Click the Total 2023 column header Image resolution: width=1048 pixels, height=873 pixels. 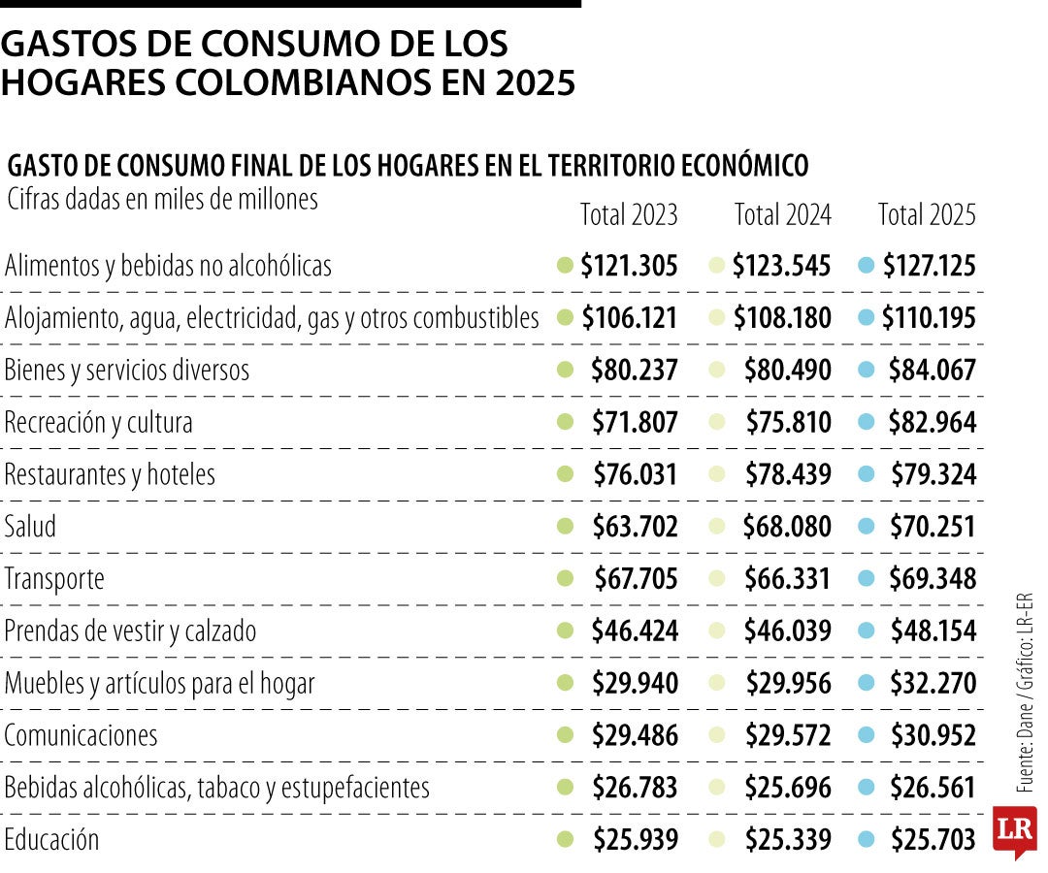pyautogui.click(x=629, y=214)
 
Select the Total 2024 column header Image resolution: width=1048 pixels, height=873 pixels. pyautogui.click(x=782, y=214)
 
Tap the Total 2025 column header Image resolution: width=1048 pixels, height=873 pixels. pyautogui.click(x=927, y=214)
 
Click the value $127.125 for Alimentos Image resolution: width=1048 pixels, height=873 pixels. pyautogui.click(x=929, y=266)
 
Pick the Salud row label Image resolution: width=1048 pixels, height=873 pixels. pyautogui.click(x=31, y=527)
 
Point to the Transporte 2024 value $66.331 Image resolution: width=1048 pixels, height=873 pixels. pyautogui.click(x=787, y=579)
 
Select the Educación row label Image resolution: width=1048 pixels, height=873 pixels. pyautogui.click(x=51, y=839)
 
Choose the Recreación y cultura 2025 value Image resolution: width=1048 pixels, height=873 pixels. pyautogui.click(x=932, y=423)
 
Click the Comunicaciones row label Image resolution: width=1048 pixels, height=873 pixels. pyautogui.click(x=81, y=735)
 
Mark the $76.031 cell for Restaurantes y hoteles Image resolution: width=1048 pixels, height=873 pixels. pyautogui.click(x=635, y=475)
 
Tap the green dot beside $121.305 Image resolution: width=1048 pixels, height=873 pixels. pyautogui.click(x=565, y=266)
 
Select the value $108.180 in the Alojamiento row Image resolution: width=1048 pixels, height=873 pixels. pyautogui.click(x=782, y=318)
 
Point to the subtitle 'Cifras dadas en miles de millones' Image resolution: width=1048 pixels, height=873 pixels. pyautogui.click(x=162, y=199)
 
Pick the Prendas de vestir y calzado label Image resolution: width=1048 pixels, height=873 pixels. pyautogui.click(x=130, y=631)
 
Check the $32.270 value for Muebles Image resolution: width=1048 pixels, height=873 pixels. pyautogui.click(x=932, y=684)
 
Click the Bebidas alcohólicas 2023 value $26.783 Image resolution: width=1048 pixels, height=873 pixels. pyautogui.click(x=635, y=788)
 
